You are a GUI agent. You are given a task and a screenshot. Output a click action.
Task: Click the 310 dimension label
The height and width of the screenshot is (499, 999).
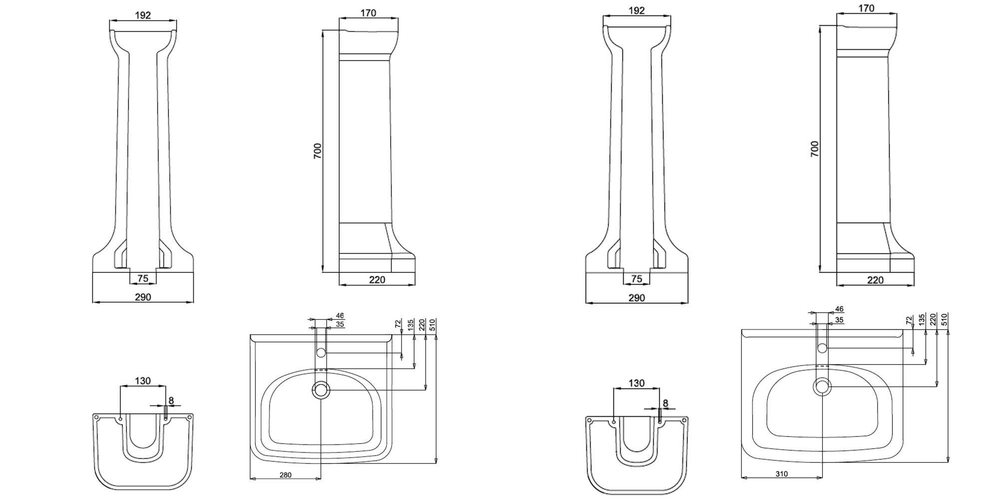coord(782,474)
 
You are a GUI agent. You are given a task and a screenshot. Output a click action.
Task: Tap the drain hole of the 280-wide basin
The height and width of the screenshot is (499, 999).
coord(320,390)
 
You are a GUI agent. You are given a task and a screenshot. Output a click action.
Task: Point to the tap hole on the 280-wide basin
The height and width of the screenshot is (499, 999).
coord(321,353)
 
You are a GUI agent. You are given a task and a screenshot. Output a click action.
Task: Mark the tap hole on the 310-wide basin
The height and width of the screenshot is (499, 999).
coord(822,348)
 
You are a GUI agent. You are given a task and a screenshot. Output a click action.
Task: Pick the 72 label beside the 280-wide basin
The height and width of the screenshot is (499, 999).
coord(398,324)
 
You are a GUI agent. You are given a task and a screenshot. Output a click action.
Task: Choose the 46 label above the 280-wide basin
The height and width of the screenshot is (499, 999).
coord(340,315)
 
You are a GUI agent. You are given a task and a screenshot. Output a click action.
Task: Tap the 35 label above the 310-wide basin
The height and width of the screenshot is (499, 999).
coord(839,319)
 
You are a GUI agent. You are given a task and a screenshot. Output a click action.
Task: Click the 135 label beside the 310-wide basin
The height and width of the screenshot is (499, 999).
coord(922,319)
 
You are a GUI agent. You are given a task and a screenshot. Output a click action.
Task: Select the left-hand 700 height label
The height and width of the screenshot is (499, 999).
coord(318,151)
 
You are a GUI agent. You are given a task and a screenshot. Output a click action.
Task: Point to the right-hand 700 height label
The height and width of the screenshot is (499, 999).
coord(815,149)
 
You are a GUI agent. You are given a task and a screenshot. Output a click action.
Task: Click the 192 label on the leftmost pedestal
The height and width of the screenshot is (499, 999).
coord(143,15)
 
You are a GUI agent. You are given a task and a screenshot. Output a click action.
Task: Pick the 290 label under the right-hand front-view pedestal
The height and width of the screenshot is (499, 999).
coord(636,298)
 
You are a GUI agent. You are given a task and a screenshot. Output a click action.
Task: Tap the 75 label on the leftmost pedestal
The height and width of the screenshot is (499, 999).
coord(143,278)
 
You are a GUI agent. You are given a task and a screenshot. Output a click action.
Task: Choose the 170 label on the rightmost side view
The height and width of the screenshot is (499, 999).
coord(866,8)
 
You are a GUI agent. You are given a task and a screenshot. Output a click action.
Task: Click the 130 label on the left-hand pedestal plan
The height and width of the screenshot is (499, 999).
coord(143,381)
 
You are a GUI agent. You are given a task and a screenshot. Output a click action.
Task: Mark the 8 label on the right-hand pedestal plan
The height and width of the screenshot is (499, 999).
coord(665,403)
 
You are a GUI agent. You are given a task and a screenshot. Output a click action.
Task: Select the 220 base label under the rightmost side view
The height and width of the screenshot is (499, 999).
coord(876,280)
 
